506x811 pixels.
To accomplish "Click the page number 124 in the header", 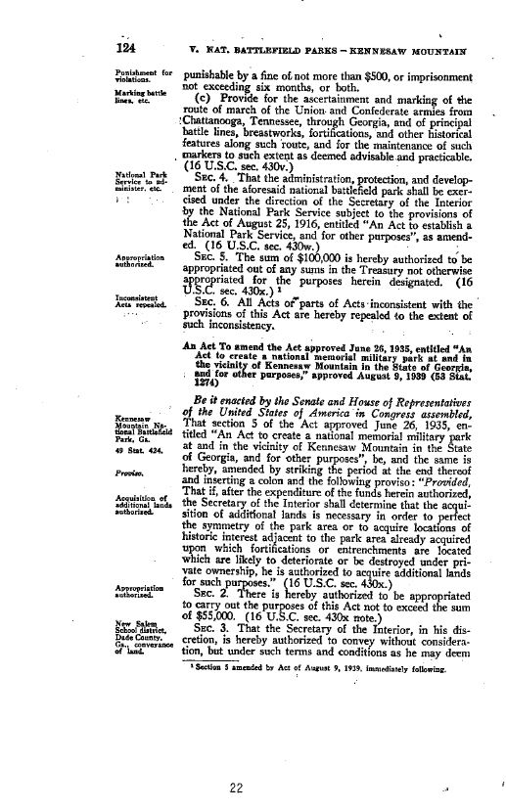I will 125,48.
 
